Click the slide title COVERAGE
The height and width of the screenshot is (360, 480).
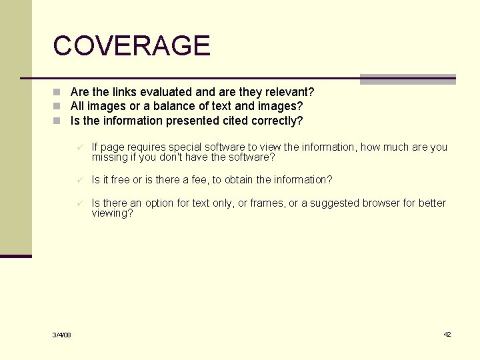click(x=131, y=46)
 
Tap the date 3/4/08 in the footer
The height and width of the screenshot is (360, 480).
click(x=62, y=335)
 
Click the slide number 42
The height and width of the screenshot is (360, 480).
click(x=447, y=334)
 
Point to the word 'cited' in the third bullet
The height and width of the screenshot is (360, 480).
click(x=236, y=121)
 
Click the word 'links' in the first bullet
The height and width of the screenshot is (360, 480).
click(x=124, y=92)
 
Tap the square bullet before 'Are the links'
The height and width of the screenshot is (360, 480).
click(x=58, y=92)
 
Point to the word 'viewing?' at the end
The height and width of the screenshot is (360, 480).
click(x=112, y=213)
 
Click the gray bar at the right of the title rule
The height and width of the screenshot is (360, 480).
click(x=407, y=79)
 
